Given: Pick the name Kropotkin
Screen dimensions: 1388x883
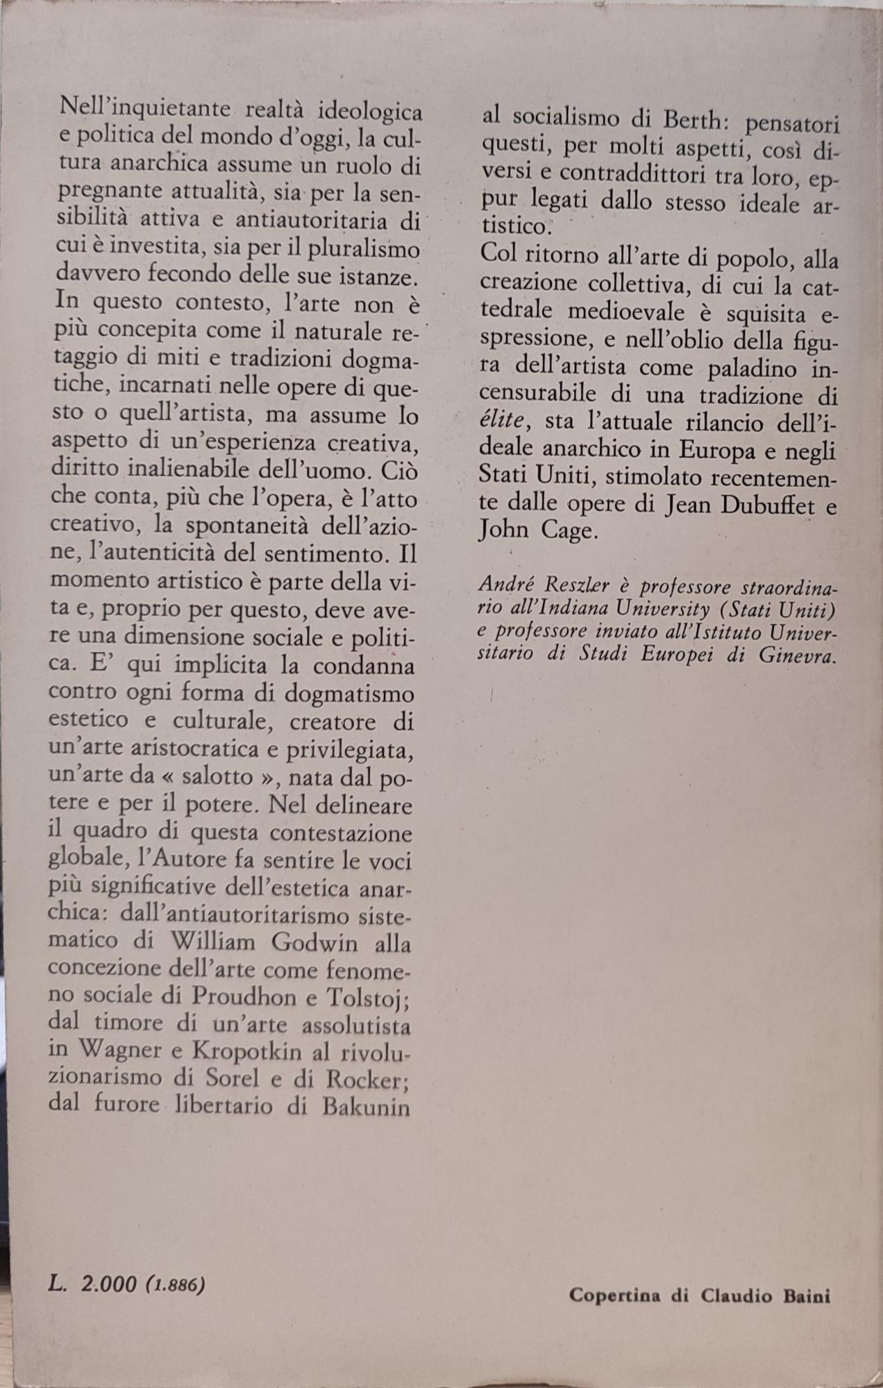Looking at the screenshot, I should point(245,1051).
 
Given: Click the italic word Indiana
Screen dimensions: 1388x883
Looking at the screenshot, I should point(591,610).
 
